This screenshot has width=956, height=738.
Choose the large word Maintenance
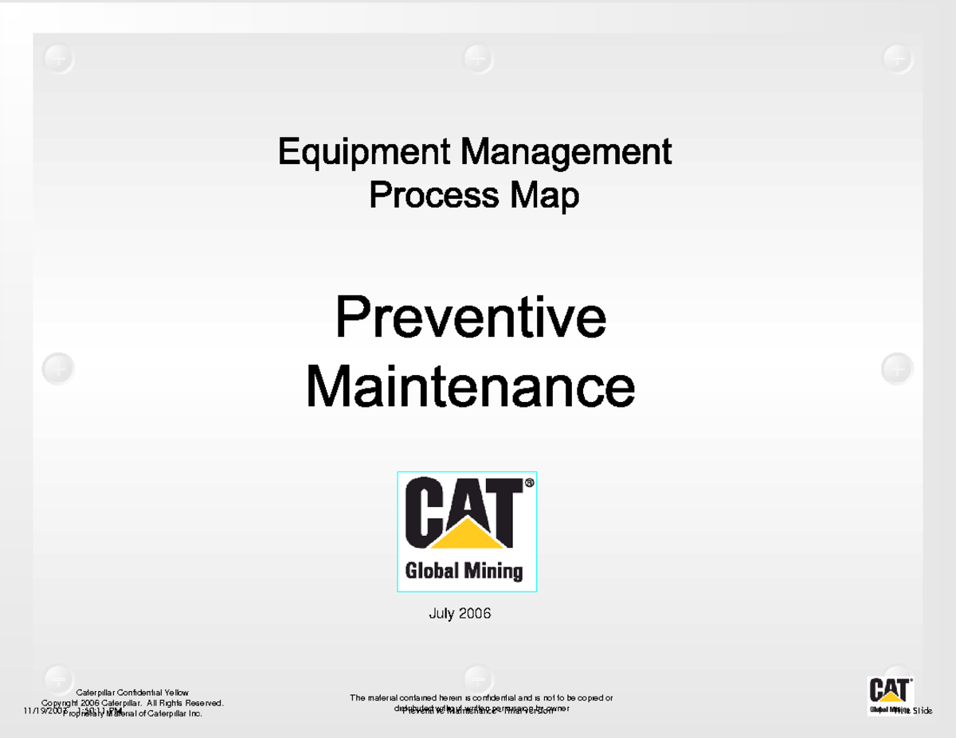[470, 386]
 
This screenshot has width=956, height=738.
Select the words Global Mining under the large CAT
[464, 571]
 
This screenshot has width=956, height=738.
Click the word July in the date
[443, 614]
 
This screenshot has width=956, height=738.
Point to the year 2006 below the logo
[476, 614]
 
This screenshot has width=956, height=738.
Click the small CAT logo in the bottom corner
[889, 694]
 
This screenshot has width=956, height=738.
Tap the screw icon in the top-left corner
[59, 59]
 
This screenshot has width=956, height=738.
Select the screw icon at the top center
[478, 59]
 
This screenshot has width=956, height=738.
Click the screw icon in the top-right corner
[898, 59]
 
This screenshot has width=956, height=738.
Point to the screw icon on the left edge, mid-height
[58, 369]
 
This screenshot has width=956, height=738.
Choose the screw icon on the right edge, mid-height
[897, 369]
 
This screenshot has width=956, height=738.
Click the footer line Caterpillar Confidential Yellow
[132, 693]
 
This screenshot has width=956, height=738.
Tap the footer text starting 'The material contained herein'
[481, 698]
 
